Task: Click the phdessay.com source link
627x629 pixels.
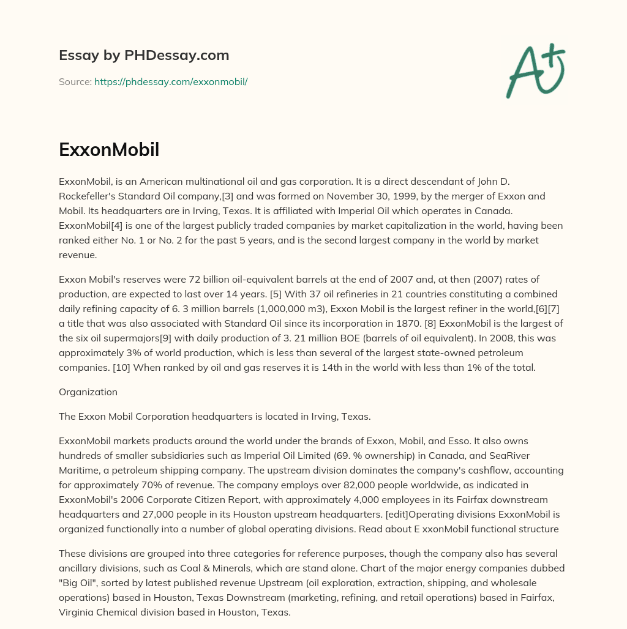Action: [171, 81]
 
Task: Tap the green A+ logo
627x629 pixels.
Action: [535, 70]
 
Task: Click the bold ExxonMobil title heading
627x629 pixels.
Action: [109, 149]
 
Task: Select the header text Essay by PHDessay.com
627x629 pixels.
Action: [144, 56]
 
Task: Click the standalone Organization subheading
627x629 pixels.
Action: [88, 392]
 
